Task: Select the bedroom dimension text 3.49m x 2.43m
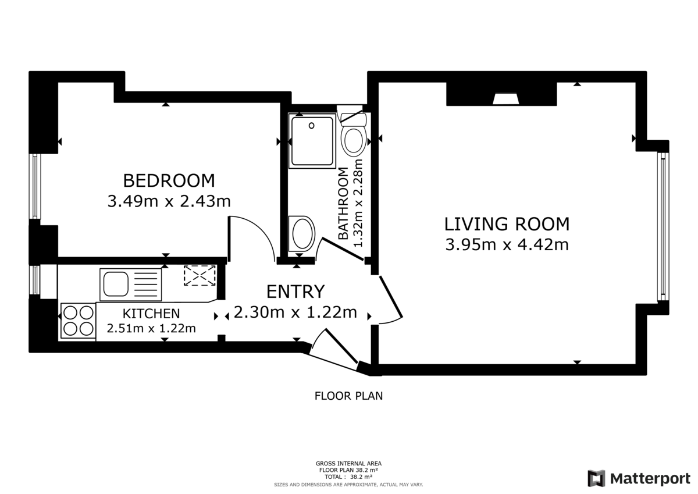[x=169, y=201]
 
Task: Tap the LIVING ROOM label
[x=507, y=223]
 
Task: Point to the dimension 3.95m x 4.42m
[x=507, y=244]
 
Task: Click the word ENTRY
[x=295, y=291]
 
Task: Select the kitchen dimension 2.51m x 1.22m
[x=151, y=328]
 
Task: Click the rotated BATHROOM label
[x=343, y=203]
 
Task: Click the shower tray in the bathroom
[x=313, y=141]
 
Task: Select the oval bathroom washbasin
[x=302, y=233]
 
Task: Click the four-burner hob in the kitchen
[x=77, y=321]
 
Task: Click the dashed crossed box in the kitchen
[x=200, y=276]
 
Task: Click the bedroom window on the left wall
[x=35, y=186]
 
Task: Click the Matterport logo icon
[x=596, y=478]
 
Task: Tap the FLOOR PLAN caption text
[x=348, y=396]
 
